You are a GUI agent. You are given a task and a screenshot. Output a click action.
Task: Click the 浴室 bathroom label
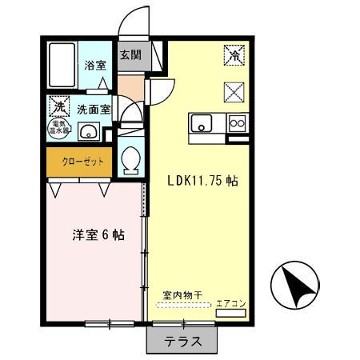click(94, 66)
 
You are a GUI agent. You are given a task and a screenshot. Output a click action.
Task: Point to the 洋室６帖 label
click(95, 235)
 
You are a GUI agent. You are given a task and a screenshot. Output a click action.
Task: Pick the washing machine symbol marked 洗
click(58, 106)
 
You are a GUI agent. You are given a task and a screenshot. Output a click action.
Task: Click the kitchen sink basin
click(200, 123)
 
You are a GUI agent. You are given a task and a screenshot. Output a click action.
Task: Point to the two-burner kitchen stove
click(238, 123)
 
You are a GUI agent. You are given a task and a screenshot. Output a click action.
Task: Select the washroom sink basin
click(88, 132)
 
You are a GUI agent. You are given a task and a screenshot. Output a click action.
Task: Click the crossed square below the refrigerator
click(234, 93)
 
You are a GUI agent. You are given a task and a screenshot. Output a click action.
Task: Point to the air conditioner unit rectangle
click(230, 314)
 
